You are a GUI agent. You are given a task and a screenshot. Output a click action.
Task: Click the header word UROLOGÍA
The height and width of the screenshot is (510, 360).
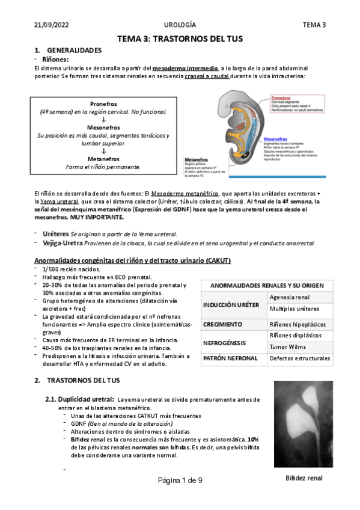click(180, 25)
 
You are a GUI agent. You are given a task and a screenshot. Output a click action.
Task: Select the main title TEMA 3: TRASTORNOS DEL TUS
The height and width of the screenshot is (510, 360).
click(180, 38)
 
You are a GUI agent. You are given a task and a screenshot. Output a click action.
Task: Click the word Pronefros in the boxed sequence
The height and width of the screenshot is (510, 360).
click(103, 103)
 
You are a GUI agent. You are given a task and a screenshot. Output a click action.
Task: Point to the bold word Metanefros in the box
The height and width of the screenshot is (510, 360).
click(103, 159)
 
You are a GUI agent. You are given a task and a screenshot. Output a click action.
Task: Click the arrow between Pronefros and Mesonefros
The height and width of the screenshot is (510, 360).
click(103, 120)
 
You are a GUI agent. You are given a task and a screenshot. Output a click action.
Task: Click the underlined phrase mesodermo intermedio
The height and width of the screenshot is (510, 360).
click(186, 69)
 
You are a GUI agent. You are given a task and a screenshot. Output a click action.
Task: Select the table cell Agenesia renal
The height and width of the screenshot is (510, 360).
click(290, 297)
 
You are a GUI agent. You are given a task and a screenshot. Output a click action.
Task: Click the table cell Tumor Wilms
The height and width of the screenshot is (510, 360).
click(287, 346)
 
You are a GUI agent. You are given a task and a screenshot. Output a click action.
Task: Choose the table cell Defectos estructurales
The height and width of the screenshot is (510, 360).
click(299, 358)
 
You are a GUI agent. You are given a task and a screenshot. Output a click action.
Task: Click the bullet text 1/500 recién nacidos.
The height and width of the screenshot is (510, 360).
click(69, 269)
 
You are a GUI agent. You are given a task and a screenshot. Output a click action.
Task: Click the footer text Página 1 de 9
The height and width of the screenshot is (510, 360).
click(180, 481)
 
